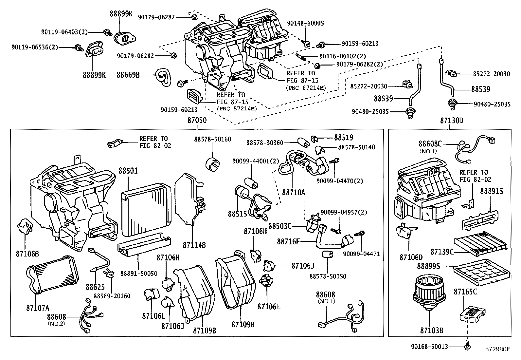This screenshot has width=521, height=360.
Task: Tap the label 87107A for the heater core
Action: tap(38, 308)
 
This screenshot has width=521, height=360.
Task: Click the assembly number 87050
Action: tap(197, 120)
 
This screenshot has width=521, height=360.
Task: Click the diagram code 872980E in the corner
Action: tap(498, 349)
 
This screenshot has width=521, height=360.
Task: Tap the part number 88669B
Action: tap(128, 75)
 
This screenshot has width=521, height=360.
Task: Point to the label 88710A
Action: tap(294, 192)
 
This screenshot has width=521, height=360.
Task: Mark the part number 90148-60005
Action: tap(305, 23)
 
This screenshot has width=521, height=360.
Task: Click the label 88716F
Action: tap(288, 241)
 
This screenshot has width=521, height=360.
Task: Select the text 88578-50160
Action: tap(212, 139)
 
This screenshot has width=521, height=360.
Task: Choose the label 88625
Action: tap(95, 287)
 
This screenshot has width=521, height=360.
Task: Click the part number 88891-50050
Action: tap(139, 273)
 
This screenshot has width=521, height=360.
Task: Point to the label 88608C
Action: tap(430, 143)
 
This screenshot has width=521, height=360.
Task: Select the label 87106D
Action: tap(411, 257)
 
